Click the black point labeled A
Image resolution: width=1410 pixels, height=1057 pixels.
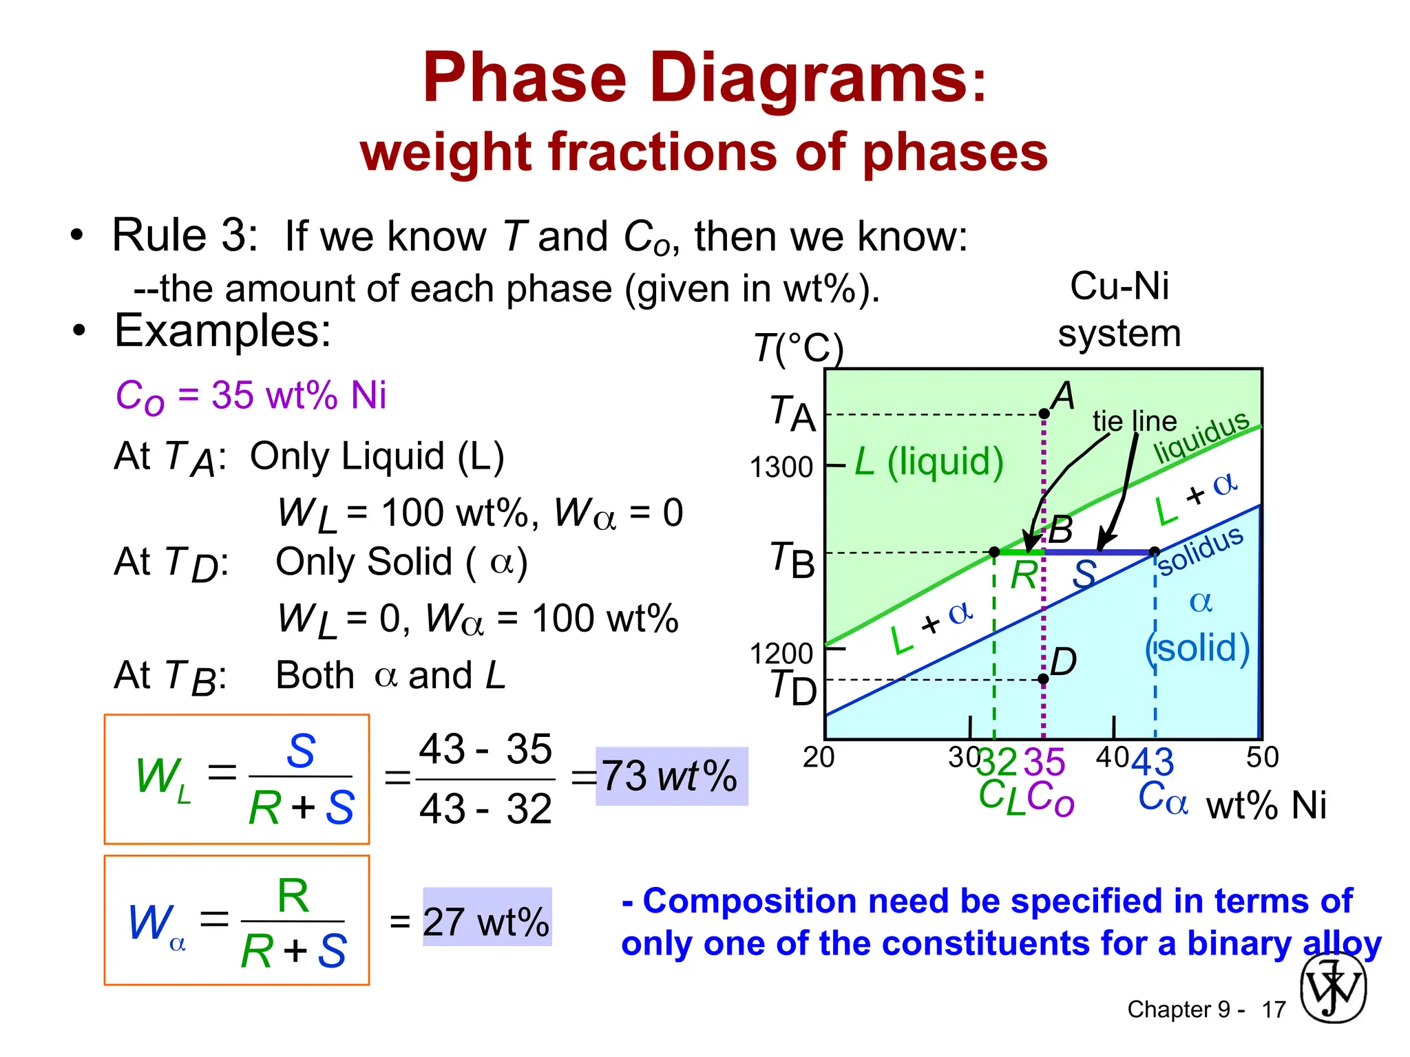pos(1044,414)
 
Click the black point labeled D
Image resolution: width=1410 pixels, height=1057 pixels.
pos(1044,679)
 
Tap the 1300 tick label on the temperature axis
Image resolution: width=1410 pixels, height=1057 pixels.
pos(781,468)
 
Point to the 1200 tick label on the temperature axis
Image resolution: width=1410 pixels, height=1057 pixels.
pos(781,654)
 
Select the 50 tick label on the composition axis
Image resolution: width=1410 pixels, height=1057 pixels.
pos(1262,758)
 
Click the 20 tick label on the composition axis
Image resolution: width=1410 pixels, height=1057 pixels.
pos(819,758)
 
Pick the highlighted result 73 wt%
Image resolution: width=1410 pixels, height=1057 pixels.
pos(671,776)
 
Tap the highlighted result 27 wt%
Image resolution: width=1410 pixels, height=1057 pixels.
pos(486,921)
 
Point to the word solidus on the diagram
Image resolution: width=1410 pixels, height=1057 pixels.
pos(1201,550)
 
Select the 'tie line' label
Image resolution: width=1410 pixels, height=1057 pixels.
pos(1135,421)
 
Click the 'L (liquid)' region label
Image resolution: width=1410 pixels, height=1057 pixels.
pos(929,461)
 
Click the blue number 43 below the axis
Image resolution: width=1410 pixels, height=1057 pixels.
pos(1153,762)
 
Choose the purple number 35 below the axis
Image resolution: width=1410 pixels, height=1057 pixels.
pos(1044,762)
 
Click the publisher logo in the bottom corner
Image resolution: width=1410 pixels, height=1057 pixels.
pos(1333,988)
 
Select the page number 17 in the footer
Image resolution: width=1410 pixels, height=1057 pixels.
pos(1274,1010)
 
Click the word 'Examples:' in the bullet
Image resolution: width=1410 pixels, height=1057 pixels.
pos(222,331)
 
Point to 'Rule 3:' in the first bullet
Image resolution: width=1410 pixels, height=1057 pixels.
pos(185,235)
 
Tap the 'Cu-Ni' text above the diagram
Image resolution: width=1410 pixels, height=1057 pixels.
pos(1119,286)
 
